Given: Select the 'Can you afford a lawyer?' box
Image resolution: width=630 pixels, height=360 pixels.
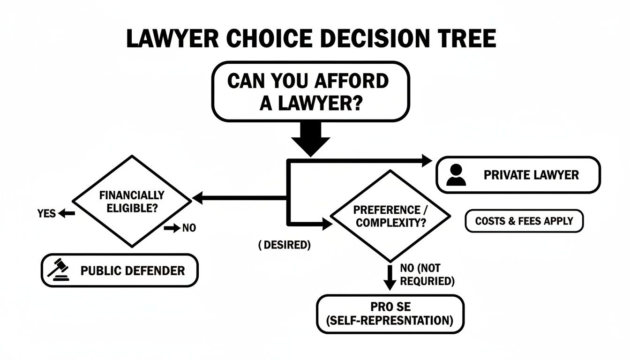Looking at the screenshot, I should [x=311, y=92].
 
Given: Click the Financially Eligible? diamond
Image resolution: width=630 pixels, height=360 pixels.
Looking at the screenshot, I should [x=132, y=202].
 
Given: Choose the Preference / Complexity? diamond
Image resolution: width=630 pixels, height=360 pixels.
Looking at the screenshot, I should [x=390, y=216].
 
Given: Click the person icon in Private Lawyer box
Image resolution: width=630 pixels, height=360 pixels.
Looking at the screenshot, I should [x=456, y=175].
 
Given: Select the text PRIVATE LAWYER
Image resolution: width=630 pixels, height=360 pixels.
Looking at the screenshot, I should [x=531, y=175].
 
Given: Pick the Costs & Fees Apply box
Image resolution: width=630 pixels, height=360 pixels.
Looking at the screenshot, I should [x=524, y=221].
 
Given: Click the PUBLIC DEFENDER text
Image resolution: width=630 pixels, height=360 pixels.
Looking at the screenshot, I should [x=133, y=270].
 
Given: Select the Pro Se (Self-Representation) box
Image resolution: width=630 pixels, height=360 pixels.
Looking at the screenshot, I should [x=390, y=314].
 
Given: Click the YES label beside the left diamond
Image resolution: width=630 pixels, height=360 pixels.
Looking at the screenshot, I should [x=46, y=214].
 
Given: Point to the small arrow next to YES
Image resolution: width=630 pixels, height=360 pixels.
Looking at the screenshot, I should [x=67, y=214].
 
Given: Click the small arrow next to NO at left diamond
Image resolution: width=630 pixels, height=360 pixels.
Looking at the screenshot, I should [x=172, y=228].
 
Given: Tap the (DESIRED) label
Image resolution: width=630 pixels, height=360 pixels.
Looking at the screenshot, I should [x=284, y=245].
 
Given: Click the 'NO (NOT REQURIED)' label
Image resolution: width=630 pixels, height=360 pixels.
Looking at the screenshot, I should [x=427, y=275].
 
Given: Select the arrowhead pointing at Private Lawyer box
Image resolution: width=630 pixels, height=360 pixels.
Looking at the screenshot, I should [x=427, y=161].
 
